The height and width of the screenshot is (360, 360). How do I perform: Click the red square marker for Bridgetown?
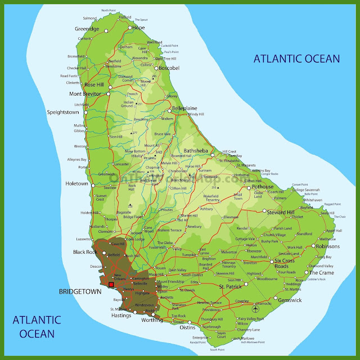click(x=111, y=285)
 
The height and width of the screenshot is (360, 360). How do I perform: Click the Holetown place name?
click(x=78, y=183)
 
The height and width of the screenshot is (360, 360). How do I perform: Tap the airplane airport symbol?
click(x=256, y=308)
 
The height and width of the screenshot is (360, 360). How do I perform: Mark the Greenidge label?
click(x=87, y=29)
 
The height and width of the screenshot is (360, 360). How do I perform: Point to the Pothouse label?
click(x=263, y=187)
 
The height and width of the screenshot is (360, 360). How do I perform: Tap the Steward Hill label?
click(x=281, y=212)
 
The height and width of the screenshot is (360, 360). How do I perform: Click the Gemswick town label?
click(x=290, y=300)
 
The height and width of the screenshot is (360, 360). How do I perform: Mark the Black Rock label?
click(x=86, y=252)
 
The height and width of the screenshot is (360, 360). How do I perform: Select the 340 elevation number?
click(x=159, y=152)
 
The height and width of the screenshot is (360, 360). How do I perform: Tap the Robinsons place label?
click(x=327, y=246)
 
